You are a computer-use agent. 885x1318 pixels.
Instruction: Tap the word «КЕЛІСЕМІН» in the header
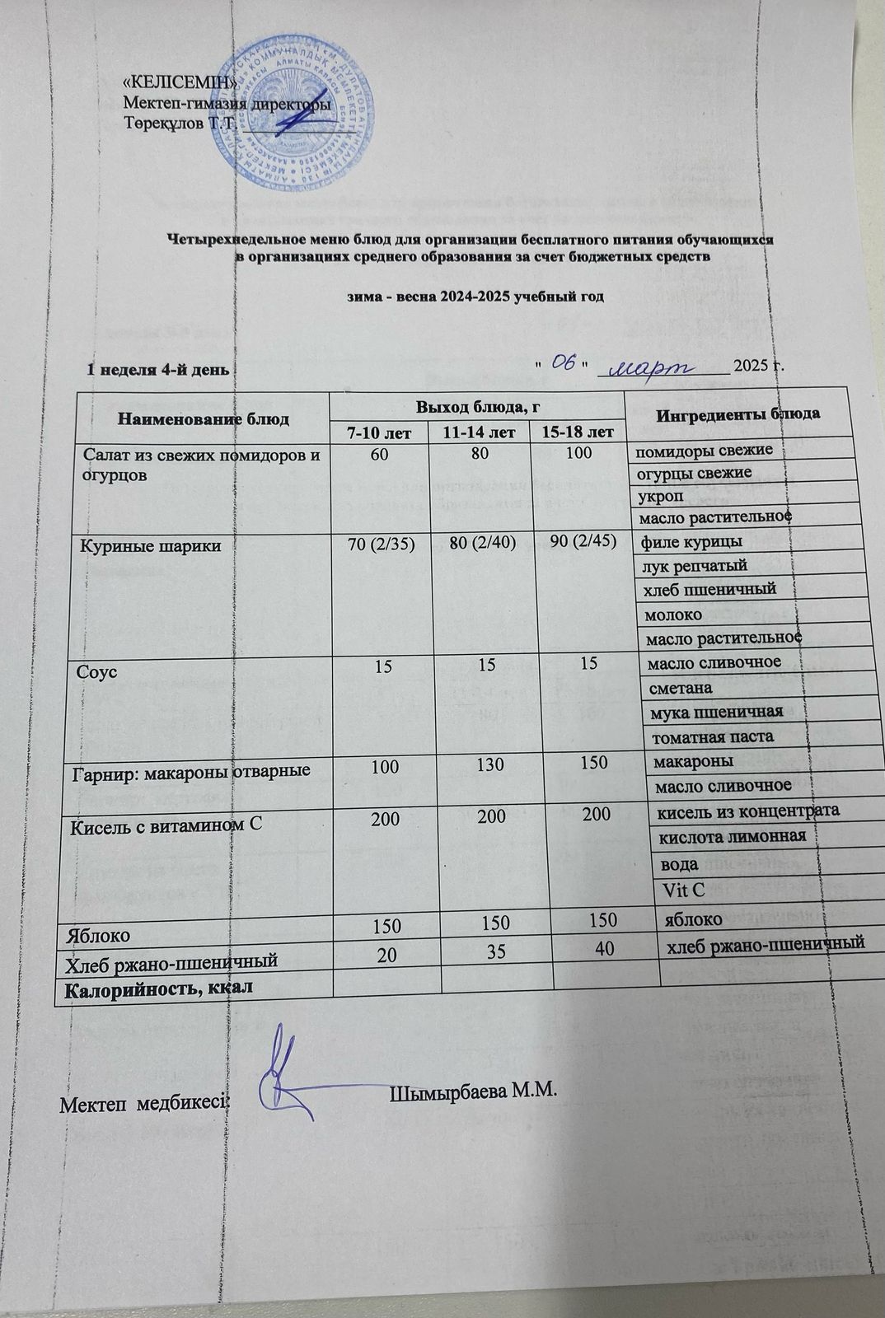pyautogui.click(x=180, y=82)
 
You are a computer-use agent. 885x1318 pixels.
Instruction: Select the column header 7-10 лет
pyautogui.click(x=379, y=432)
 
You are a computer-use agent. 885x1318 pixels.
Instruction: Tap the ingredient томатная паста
pyautogui.click(x=712, y=736)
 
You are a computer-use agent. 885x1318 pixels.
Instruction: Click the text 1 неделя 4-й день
pyautogui.click(x=157, y=370)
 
